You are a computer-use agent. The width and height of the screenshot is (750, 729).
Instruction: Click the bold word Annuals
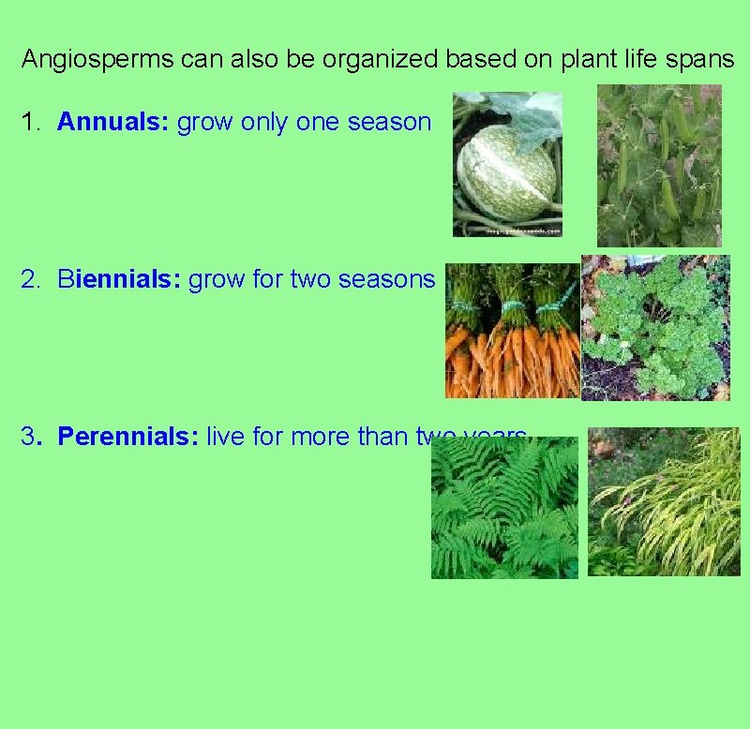tap(112, 122)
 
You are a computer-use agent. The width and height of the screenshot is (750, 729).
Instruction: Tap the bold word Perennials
tap(127, 437)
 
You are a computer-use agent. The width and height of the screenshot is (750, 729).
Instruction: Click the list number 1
tap(30, 122)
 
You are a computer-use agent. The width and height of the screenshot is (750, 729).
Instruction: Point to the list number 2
tap(30, 279)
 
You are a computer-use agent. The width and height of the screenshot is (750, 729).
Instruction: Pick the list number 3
tap(30, 437)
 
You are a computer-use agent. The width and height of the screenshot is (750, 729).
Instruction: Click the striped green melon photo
tap(507, 165)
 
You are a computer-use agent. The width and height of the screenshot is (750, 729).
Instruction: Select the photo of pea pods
tap(659, 165)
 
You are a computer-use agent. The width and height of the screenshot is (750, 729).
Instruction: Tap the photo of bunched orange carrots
tap(512, 331)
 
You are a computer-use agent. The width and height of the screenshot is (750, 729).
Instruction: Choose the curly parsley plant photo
tap(655, 328)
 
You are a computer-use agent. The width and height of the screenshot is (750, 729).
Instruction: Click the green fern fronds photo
tap(504, 511)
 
